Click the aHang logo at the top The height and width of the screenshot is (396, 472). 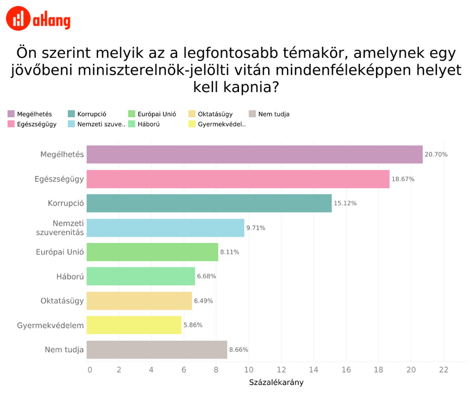pos(38,19)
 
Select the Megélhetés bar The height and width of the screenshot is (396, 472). pos(255,154)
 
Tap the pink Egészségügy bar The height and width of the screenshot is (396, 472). pos(238,179)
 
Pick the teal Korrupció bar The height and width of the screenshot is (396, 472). pos(209,203)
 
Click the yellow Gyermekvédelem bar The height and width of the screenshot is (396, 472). pos(134,325)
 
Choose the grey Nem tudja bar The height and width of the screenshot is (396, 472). pos(157,349)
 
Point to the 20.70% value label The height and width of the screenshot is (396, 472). pos(436,154)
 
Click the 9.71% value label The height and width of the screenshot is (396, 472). pos(256,228)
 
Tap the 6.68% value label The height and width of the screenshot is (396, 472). pos(206,276)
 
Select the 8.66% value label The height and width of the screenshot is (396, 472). pos(239,349)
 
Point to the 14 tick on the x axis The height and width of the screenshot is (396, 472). pos(314,370)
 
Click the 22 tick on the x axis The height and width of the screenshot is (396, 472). pos(443,370)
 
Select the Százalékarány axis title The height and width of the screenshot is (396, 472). pos(276,382)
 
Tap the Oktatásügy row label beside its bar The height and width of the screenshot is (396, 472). pos(62,301)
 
